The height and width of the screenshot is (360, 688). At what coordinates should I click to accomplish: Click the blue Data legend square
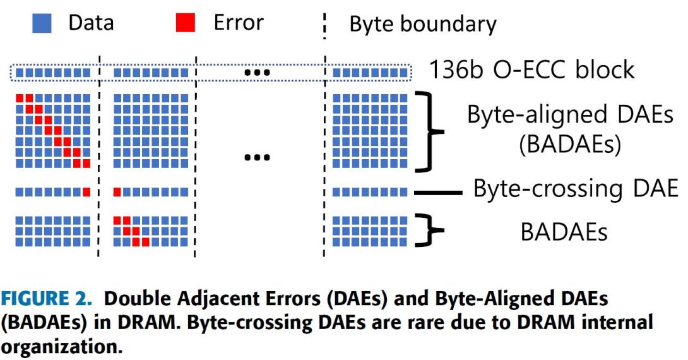[42, 24]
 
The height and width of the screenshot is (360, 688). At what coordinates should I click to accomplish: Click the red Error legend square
[186, 24]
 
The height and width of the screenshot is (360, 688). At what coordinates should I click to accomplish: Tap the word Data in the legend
[91, 24]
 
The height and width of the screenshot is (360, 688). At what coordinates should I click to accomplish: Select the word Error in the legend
[238, 23]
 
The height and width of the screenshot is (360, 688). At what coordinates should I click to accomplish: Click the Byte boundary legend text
[423, 25]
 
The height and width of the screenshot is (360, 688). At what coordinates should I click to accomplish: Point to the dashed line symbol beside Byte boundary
[325, 25]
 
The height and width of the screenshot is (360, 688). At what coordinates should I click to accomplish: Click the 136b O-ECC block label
[531, 69]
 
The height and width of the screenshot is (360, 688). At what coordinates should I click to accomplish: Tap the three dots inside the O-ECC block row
[257, 73]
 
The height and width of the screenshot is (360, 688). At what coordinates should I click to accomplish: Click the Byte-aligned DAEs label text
[570, 116]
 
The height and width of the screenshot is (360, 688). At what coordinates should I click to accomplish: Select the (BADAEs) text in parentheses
[570, 145]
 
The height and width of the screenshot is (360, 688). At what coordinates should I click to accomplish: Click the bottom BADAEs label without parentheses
[564, 232]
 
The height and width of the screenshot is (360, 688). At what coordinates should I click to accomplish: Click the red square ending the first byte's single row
[86, 191]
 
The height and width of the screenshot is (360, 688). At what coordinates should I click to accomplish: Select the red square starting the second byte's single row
[117, 191]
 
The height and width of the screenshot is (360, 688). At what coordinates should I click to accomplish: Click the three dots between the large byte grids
[257, 156]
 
